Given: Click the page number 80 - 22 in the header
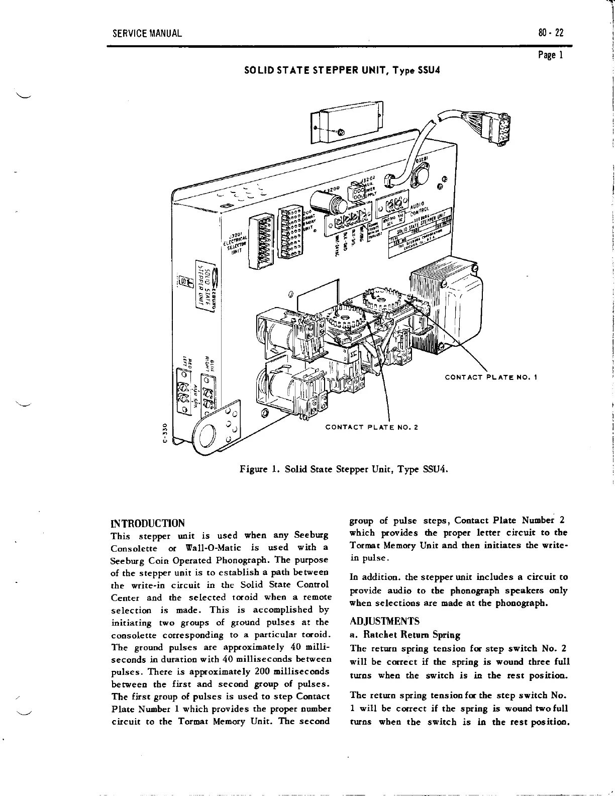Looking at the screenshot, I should pos(550,34).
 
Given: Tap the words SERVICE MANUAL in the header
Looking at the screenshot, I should pos(147,34).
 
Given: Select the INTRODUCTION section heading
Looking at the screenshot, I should pos(148,523).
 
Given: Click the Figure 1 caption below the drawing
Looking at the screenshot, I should pos(343,469).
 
